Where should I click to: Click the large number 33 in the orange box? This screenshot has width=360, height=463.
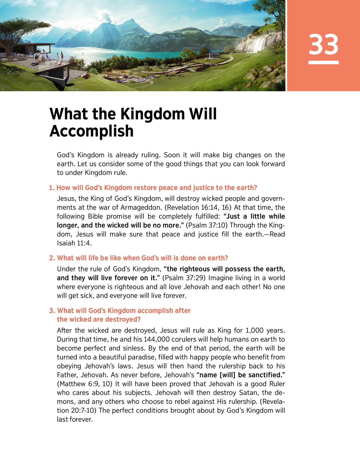point(323,44)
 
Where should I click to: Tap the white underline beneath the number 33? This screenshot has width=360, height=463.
point(323,62)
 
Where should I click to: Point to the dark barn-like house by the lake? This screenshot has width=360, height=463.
point(214,55)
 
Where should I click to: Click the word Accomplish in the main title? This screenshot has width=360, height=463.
point(91,131)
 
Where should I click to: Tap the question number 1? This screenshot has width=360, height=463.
point(52,188)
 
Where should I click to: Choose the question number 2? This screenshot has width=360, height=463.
point(52,258)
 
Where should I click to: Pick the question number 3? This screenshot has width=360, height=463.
point(52,311)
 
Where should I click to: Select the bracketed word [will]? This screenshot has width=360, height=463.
point(228,375)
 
